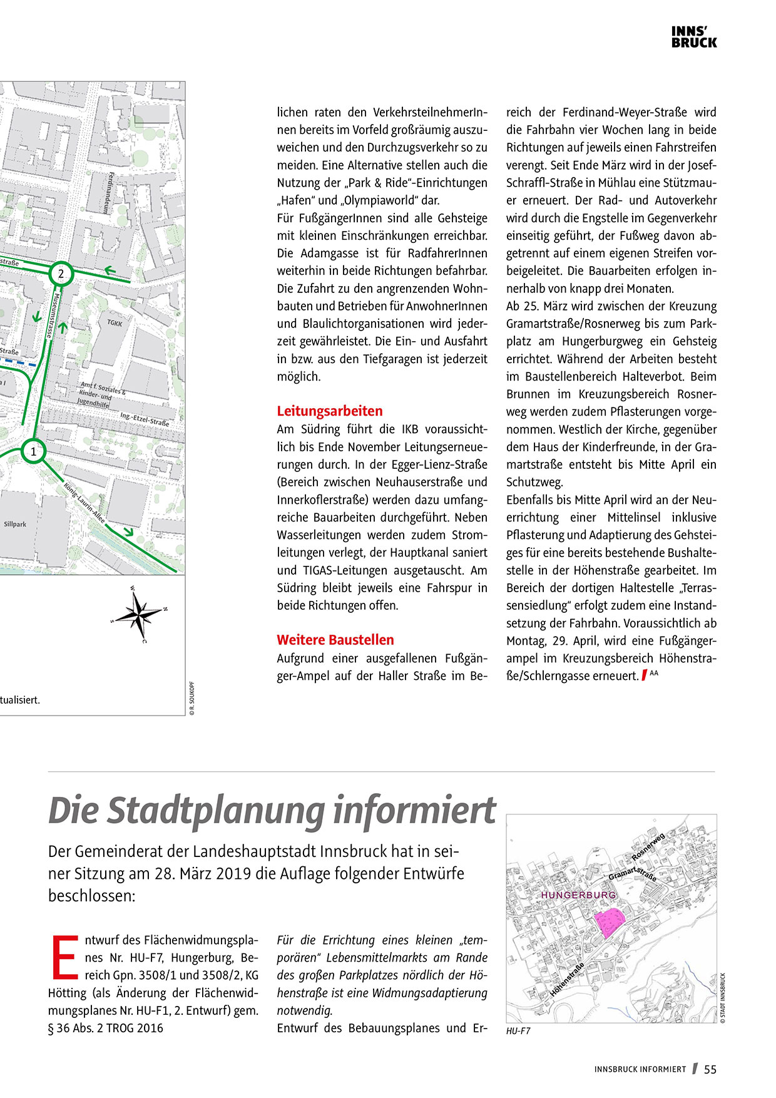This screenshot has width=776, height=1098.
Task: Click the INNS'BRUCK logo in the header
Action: click(x=694, y=38)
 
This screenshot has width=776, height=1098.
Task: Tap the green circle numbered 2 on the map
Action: click(x=61, y=274)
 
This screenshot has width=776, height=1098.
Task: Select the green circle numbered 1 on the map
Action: click(x=34, y=451)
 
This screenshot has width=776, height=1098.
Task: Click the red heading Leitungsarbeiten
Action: click(x=330, y=411)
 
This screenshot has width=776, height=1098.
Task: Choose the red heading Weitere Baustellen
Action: click(x=335, y=640)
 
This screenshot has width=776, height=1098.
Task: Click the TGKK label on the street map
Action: click(x=115, y=323)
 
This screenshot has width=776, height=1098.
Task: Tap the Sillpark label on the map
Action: click(x=15, y=524)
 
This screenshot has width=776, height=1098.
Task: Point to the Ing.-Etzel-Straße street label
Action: click(x=145, y=419)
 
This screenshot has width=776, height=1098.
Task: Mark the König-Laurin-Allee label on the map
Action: click(x=84, y=503)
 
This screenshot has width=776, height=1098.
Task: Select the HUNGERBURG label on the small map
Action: click(x=578, y=895)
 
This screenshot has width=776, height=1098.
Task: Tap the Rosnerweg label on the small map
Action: click(x=648, y=847)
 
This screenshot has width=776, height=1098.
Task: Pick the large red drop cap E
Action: click(x=64, y=957)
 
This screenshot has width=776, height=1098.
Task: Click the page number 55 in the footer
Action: click(x=710, y=1070)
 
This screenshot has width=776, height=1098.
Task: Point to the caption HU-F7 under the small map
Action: click(x=518, y=1031)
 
